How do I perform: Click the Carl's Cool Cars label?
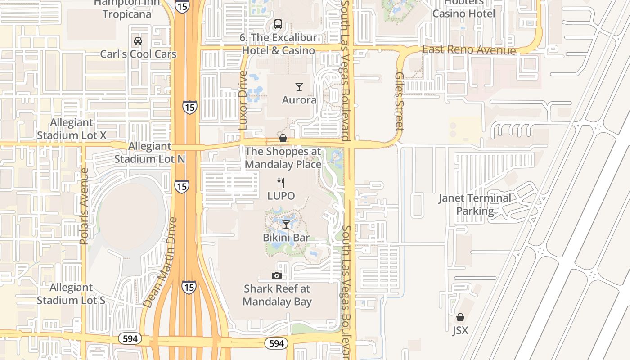(x=138, y=54)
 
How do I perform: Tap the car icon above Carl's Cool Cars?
(x=138, y=41)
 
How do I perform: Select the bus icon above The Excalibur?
(x=278, y=24)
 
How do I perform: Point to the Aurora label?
(x=299, y=100)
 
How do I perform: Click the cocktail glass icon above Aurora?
(x=299, y=87)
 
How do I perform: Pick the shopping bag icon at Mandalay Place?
(x=283, y=138)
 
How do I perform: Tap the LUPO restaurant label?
(x=281, y=196)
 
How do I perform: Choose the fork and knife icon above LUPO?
(x=281, y=183)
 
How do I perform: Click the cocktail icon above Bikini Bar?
(x=286, y=224)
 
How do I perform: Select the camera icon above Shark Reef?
(x=277, y=275)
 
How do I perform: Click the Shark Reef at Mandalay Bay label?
(x=277, y=295)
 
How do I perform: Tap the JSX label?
(x=460, y=331)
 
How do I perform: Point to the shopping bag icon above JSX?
(x=460, y=318)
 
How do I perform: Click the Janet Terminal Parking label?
(x=475, y=204)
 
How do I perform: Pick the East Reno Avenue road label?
(x=469, y=50)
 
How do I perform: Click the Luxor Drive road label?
(x=243, y=100)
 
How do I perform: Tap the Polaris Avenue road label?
(x=83, y=207)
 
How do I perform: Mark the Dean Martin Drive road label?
(x=160, y=263)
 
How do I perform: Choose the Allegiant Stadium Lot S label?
(x=71, y=294)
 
